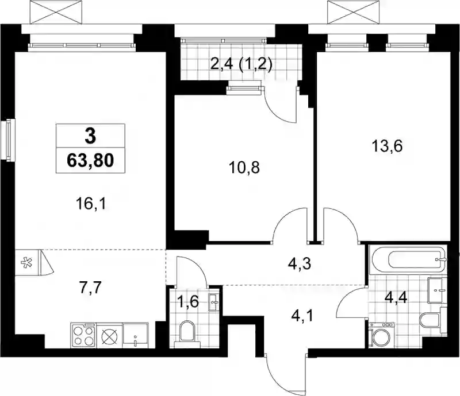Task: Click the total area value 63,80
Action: (90, 161)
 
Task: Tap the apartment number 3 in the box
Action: (90, 137)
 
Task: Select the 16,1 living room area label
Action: (91, 204)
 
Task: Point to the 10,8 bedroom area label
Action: (244, 168)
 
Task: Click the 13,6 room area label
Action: (387, 146)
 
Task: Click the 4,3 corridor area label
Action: (300, 263)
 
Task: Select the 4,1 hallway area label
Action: (302, 316)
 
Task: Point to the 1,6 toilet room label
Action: (189, 302)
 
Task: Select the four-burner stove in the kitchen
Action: (83, 336)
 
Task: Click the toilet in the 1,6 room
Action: (187, 333)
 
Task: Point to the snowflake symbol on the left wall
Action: (27, 262)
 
